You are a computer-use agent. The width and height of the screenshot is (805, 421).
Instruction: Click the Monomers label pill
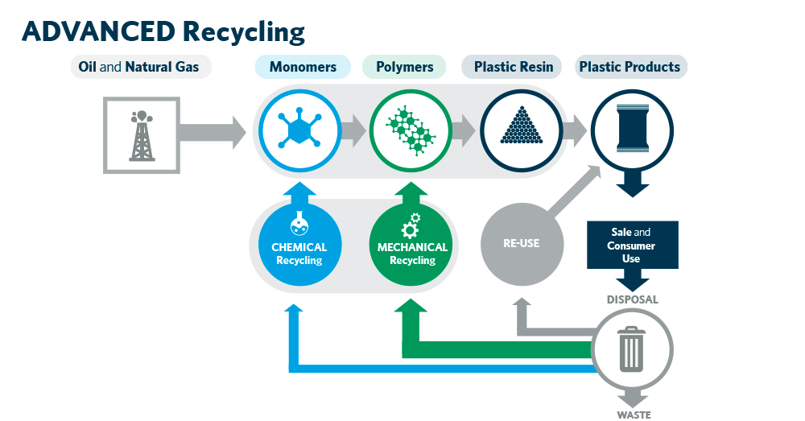pos(303,67)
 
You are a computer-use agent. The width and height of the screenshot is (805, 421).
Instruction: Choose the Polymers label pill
pos(404,67)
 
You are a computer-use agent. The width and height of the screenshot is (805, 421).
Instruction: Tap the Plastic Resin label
pos(514,67)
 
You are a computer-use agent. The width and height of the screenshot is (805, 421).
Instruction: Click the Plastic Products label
pos(630,67)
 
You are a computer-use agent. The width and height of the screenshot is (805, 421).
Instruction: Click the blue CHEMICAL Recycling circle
pos(293,246)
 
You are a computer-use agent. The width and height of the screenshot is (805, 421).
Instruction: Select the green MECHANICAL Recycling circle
pos(412,246)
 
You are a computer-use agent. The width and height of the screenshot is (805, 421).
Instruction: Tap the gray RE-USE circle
pos(521,243)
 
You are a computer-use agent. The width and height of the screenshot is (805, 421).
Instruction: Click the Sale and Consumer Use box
pos(631,245)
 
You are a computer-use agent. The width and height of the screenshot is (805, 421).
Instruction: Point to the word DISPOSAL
pos(632,299)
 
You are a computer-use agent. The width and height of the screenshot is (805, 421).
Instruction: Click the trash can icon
pos(632,349)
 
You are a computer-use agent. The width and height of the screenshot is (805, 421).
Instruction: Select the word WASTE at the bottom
pos(633,415)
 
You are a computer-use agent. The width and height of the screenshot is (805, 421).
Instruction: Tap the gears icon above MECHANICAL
pos(411,225)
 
